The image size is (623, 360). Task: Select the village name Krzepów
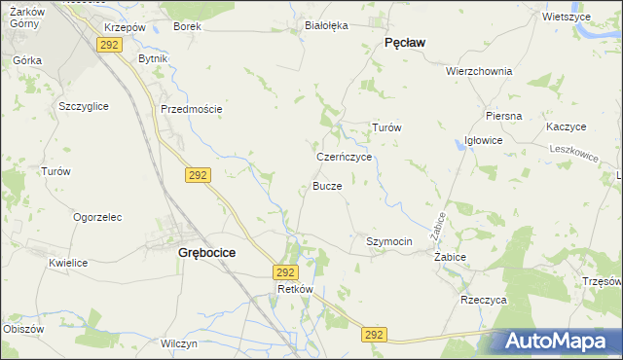point(124,26)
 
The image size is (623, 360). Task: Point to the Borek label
point(187,26)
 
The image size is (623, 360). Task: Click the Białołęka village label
point(326,26)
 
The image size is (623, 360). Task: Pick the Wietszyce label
point(568,17)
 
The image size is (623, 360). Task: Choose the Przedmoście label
point(192,109)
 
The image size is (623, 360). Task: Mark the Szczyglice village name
point(84,105)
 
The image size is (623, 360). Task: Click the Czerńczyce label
point(345,156)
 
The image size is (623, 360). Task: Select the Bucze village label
point(327,185)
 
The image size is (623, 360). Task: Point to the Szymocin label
point(389,241)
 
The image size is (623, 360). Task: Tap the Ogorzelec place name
point(96,217)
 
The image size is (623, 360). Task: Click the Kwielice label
point(69,263)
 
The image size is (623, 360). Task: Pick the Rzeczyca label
point(484,300)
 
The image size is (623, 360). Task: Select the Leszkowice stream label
point(573,152)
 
